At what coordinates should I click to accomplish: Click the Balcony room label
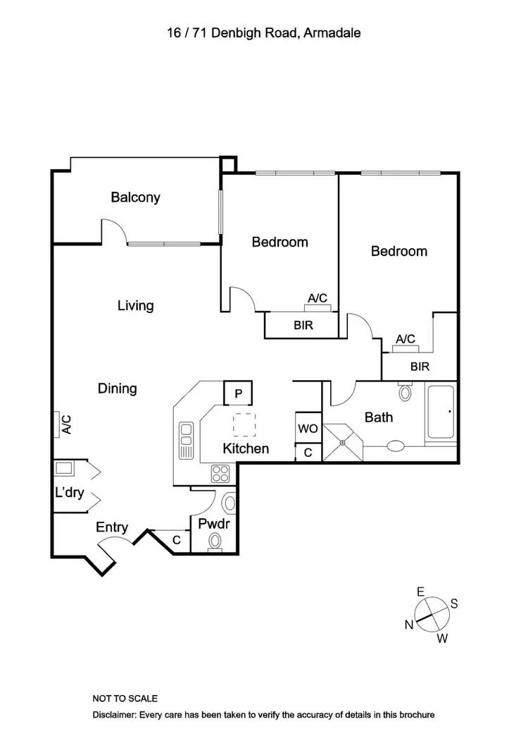(x=135, y=197)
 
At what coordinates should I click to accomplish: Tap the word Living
(x=135, y=306)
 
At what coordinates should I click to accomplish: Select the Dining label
(x=117, y=388)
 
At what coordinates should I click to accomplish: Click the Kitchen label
(x=246, y=448)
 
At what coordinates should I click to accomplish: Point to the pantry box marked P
(x=238, y=393)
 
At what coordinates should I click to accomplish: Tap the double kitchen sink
(x=187, y=441)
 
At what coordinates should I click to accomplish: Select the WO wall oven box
(x=308, y=429)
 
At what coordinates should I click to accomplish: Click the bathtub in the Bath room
(x=441, y=414)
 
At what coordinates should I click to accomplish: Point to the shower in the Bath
(x=344, y=442)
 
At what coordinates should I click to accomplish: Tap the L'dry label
(x=69, y=493)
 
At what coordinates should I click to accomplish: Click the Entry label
(x=112, y=527)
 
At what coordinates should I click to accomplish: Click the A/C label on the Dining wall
(x=66, y=424)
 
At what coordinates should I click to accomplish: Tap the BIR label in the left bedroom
(x=303, y=326)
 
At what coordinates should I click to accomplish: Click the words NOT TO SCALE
(x=125, y=699)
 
